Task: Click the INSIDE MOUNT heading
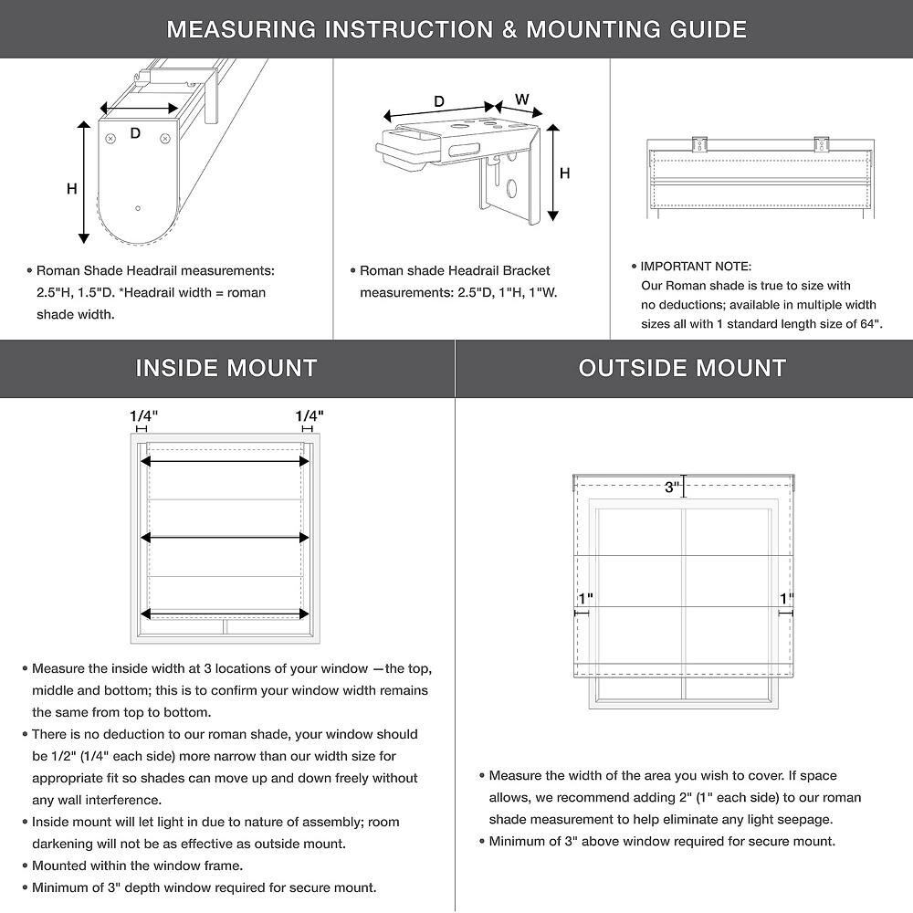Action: coord(226,368)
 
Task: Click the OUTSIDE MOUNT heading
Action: coord(682,368)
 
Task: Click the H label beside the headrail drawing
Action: coord(71,189)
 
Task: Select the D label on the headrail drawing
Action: coord(135,133)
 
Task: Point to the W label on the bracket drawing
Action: coord(522,99)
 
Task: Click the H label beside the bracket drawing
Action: coord(565,173)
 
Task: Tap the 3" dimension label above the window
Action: coord(673,488)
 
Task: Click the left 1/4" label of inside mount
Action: coord(143,416)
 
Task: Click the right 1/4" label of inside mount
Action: coord(309,416)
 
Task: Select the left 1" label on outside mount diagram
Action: coord(585,598)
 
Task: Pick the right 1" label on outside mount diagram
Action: coord(786,598)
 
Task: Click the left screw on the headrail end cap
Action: coord(111,139)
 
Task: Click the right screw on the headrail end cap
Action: coord(165,139)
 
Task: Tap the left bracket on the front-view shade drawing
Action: coord(700,144)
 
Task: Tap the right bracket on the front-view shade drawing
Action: coord(821,144)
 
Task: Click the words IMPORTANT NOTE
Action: coord(696,267)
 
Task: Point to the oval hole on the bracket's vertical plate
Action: coord(511,190)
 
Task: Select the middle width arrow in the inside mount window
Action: coord(225,538)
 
